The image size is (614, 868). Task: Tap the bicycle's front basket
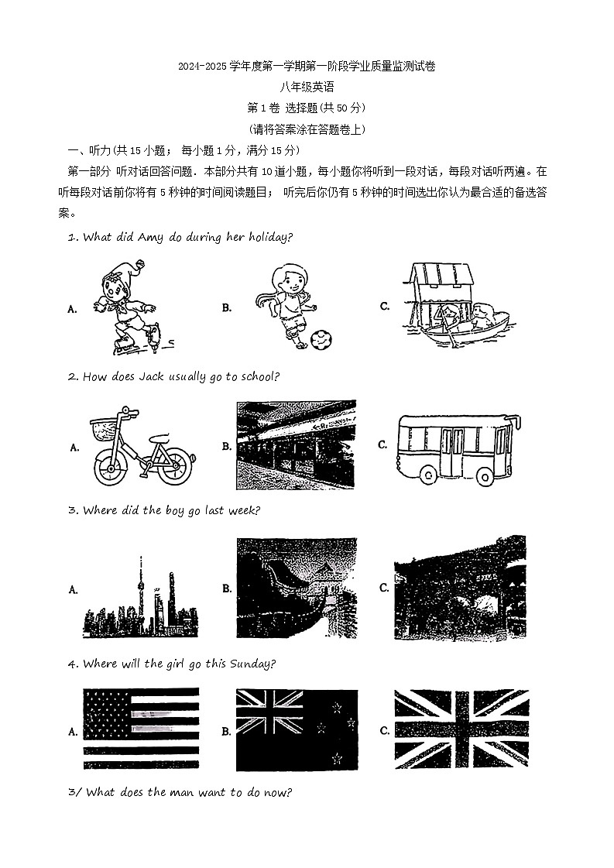click(104, 427)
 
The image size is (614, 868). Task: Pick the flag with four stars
click(297, 729)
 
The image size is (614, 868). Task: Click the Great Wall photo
click(297, 588)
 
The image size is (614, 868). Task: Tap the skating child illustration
click(128, 307)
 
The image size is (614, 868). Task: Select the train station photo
click(297, 445)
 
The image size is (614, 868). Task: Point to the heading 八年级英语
click(307, 87)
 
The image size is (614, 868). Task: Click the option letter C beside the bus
click(383, 445)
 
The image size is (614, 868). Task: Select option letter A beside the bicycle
click(74, 448)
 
